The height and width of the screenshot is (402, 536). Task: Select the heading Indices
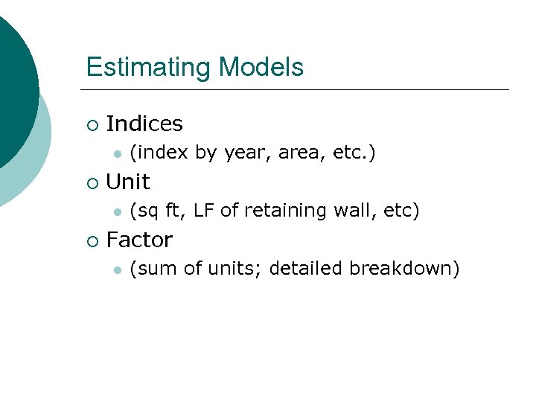pyautogui.click(x=144, y=124)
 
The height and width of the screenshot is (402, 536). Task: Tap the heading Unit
pyautogui.click(x=128, y=182)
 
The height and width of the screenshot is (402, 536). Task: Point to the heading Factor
pyautogui.click(x=139, y=240)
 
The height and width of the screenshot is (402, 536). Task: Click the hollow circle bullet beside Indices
pyautogui.click(x=92, y=124)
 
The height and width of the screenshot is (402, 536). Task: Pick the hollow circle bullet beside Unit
pyautogui.click(x=92, y=182)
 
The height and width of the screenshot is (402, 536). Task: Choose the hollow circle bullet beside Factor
pyautogui.click(x=92, y=240)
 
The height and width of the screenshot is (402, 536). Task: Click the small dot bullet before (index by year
pyautogui.click(x=117, y=154)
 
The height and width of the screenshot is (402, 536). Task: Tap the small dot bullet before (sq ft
pyautogui.click(x=117, y=212)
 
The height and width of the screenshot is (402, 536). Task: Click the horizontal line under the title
pyautogui.click(x=298, y=90)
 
